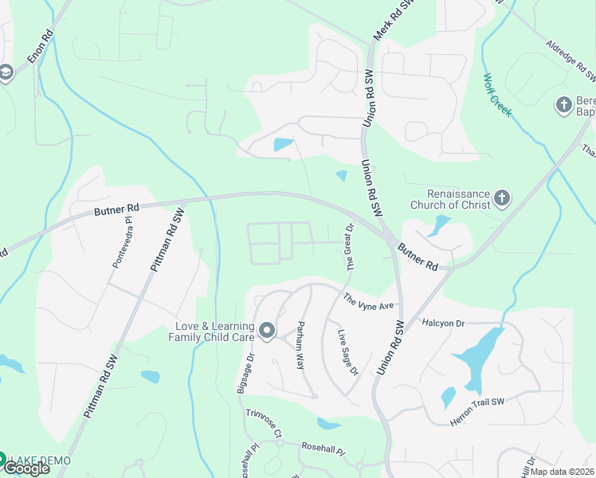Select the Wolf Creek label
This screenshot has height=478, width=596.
point(497,95)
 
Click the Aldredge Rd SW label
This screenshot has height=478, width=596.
point(571,61)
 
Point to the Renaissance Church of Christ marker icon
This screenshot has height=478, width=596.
point(502,197)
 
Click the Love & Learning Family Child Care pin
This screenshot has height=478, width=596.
point(266,329)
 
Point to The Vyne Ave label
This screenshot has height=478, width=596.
point(369,303)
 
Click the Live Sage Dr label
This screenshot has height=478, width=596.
point(348,351)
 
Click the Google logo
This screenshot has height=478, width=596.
point(25,468)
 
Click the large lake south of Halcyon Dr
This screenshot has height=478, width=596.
point(480,356)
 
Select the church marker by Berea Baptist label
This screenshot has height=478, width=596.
point(563,104)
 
